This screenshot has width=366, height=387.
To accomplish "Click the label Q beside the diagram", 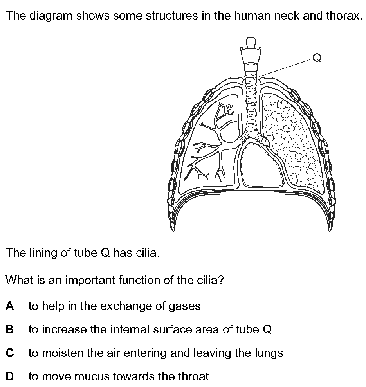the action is click(x=317, y=58).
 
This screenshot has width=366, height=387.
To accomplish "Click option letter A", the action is click(x=10, y=306).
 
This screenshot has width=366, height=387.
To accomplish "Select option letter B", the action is click(x=10, y=329).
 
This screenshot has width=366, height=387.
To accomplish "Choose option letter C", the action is click(x=10, y=353).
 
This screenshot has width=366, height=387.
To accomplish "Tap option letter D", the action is click(x=10, y=376).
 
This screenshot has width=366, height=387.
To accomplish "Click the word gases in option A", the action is click(x=184, y=307).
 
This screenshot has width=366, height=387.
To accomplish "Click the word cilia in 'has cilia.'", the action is click(x=148, y=253).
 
